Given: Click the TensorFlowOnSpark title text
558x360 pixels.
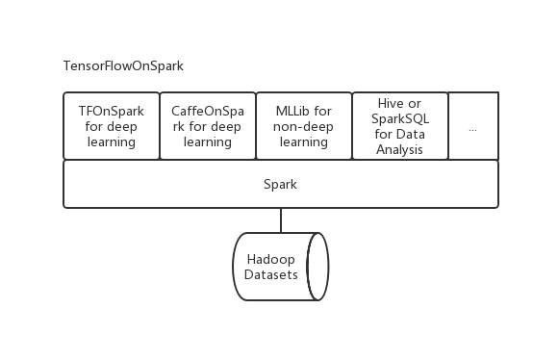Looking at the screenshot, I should click(122, 66).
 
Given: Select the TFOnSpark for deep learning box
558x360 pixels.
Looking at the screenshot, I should click(111, 126).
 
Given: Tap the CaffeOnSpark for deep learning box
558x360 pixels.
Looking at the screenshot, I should click(207, 126).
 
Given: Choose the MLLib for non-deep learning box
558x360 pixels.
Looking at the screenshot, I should click(303, 126).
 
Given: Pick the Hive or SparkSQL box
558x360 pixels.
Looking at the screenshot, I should click(399, 126).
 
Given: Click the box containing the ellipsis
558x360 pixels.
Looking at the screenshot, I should click(473, 126).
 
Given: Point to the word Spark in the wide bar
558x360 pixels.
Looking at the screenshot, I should click(280, 183).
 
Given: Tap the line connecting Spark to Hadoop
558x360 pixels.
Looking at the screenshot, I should click(280, 219).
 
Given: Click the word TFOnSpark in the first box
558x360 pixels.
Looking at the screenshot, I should click(112, 110).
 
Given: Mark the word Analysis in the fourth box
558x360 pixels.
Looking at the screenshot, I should click(399, 150).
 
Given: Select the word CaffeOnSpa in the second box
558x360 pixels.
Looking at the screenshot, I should click(208, 110).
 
